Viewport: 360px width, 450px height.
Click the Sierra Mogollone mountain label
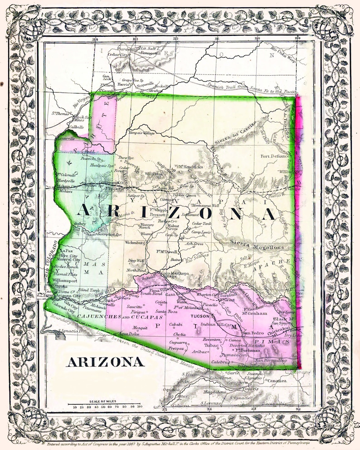tap(256, 247)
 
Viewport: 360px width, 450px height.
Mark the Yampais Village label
tap(131, 133)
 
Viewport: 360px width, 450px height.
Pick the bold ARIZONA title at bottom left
tap(106, 362)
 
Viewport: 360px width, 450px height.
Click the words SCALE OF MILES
tap(106, 400)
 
